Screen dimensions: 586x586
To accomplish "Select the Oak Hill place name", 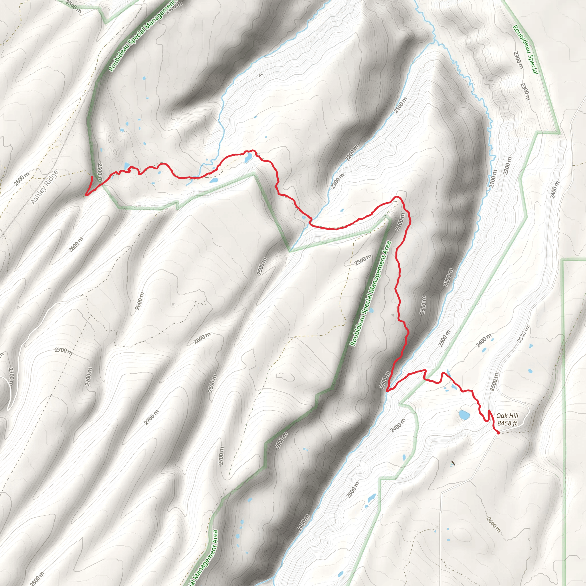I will [507, 416].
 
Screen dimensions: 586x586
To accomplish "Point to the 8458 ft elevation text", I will [507, 423].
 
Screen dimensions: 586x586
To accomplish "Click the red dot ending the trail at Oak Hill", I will [498, 433].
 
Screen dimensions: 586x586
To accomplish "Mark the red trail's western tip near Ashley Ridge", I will [86, 195].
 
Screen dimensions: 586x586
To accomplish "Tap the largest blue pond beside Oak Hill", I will [464, 415].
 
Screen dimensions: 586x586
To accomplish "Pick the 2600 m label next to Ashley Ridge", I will [21, 179].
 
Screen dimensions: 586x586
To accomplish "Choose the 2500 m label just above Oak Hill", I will [494, 382].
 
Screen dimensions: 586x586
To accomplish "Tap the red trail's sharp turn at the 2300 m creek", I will [387, 391].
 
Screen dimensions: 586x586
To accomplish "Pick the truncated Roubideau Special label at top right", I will [525, 50].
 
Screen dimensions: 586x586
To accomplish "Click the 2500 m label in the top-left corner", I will [74, 7].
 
